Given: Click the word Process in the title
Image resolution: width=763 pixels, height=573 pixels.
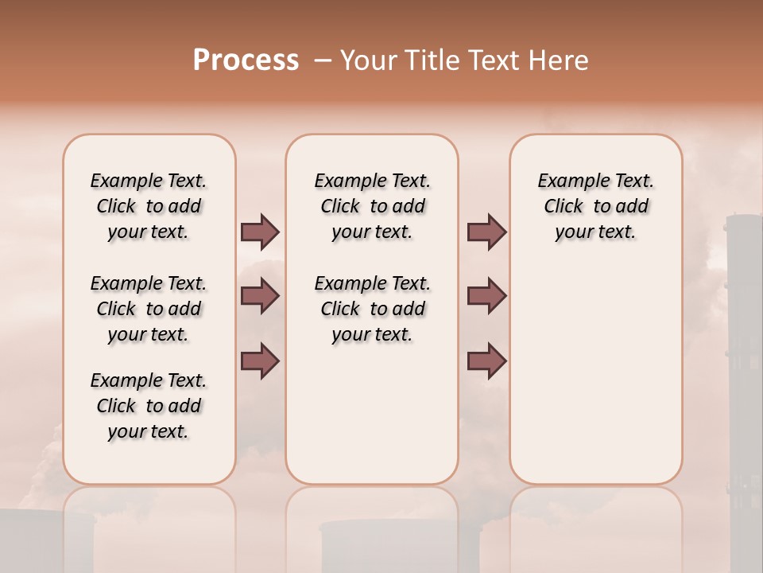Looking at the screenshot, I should (x=246, y=60).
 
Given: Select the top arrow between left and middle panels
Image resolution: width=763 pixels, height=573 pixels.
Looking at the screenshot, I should (x=260, y=232).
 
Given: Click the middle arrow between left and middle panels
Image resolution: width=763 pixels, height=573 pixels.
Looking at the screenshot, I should (x=260, y=296).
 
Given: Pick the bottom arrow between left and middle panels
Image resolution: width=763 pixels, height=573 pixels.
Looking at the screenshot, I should (x=260, y=361).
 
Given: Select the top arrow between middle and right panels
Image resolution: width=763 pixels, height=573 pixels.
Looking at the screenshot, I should (x=486, y=232).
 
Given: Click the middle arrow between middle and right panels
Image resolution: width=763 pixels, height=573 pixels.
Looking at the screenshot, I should (x=486, y=296).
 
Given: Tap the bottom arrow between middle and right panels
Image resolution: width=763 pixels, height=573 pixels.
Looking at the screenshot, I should (x=486, y=361).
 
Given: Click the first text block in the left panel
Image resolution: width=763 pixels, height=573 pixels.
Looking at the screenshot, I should (x=149, y=206).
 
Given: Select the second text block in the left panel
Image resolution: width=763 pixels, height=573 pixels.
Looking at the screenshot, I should (x=149, y=309).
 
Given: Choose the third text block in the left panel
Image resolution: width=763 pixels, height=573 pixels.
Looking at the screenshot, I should (x=149, y=406).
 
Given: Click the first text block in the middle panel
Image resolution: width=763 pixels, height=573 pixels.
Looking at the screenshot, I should (x=372, y=206).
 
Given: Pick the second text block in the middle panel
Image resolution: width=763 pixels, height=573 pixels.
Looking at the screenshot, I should (x=372, y=309).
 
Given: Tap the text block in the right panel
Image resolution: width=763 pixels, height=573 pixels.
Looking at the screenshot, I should (x=595, y=206).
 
